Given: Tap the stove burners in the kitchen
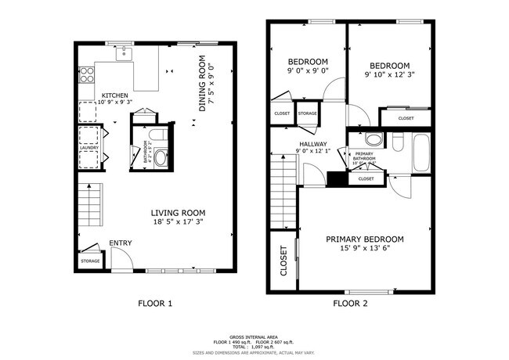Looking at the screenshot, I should coord(88,76).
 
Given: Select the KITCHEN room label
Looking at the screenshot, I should coord(114,97).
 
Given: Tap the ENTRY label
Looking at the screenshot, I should coord(120,243).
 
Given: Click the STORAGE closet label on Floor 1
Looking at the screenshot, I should coord(90,261).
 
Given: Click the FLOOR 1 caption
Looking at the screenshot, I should coord(154,302).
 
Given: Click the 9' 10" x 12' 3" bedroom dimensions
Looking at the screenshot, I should coord(389,76).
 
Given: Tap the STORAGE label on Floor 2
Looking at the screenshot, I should coord(307,114).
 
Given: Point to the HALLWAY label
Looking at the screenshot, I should coord(311,144).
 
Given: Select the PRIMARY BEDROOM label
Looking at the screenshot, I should coord(365,239).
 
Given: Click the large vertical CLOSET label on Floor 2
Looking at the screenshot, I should coord(283,261).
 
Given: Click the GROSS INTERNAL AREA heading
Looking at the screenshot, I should coord(254,333).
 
